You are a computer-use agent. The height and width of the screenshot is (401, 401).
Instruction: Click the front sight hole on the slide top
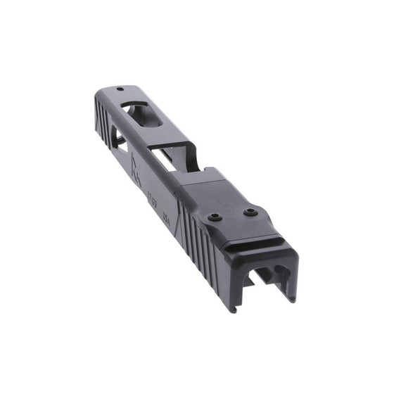click(x=120, y=89)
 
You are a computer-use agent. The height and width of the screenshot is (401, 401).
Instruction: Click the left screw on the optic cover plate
click(x=217, y=217)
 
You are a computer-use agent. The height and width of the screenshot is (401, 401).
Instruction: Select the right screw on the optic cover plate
click(x=250, y=211)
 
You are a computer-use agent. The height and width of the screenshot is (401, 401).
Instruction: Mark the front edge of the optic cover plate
click(x=190, y=180)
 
